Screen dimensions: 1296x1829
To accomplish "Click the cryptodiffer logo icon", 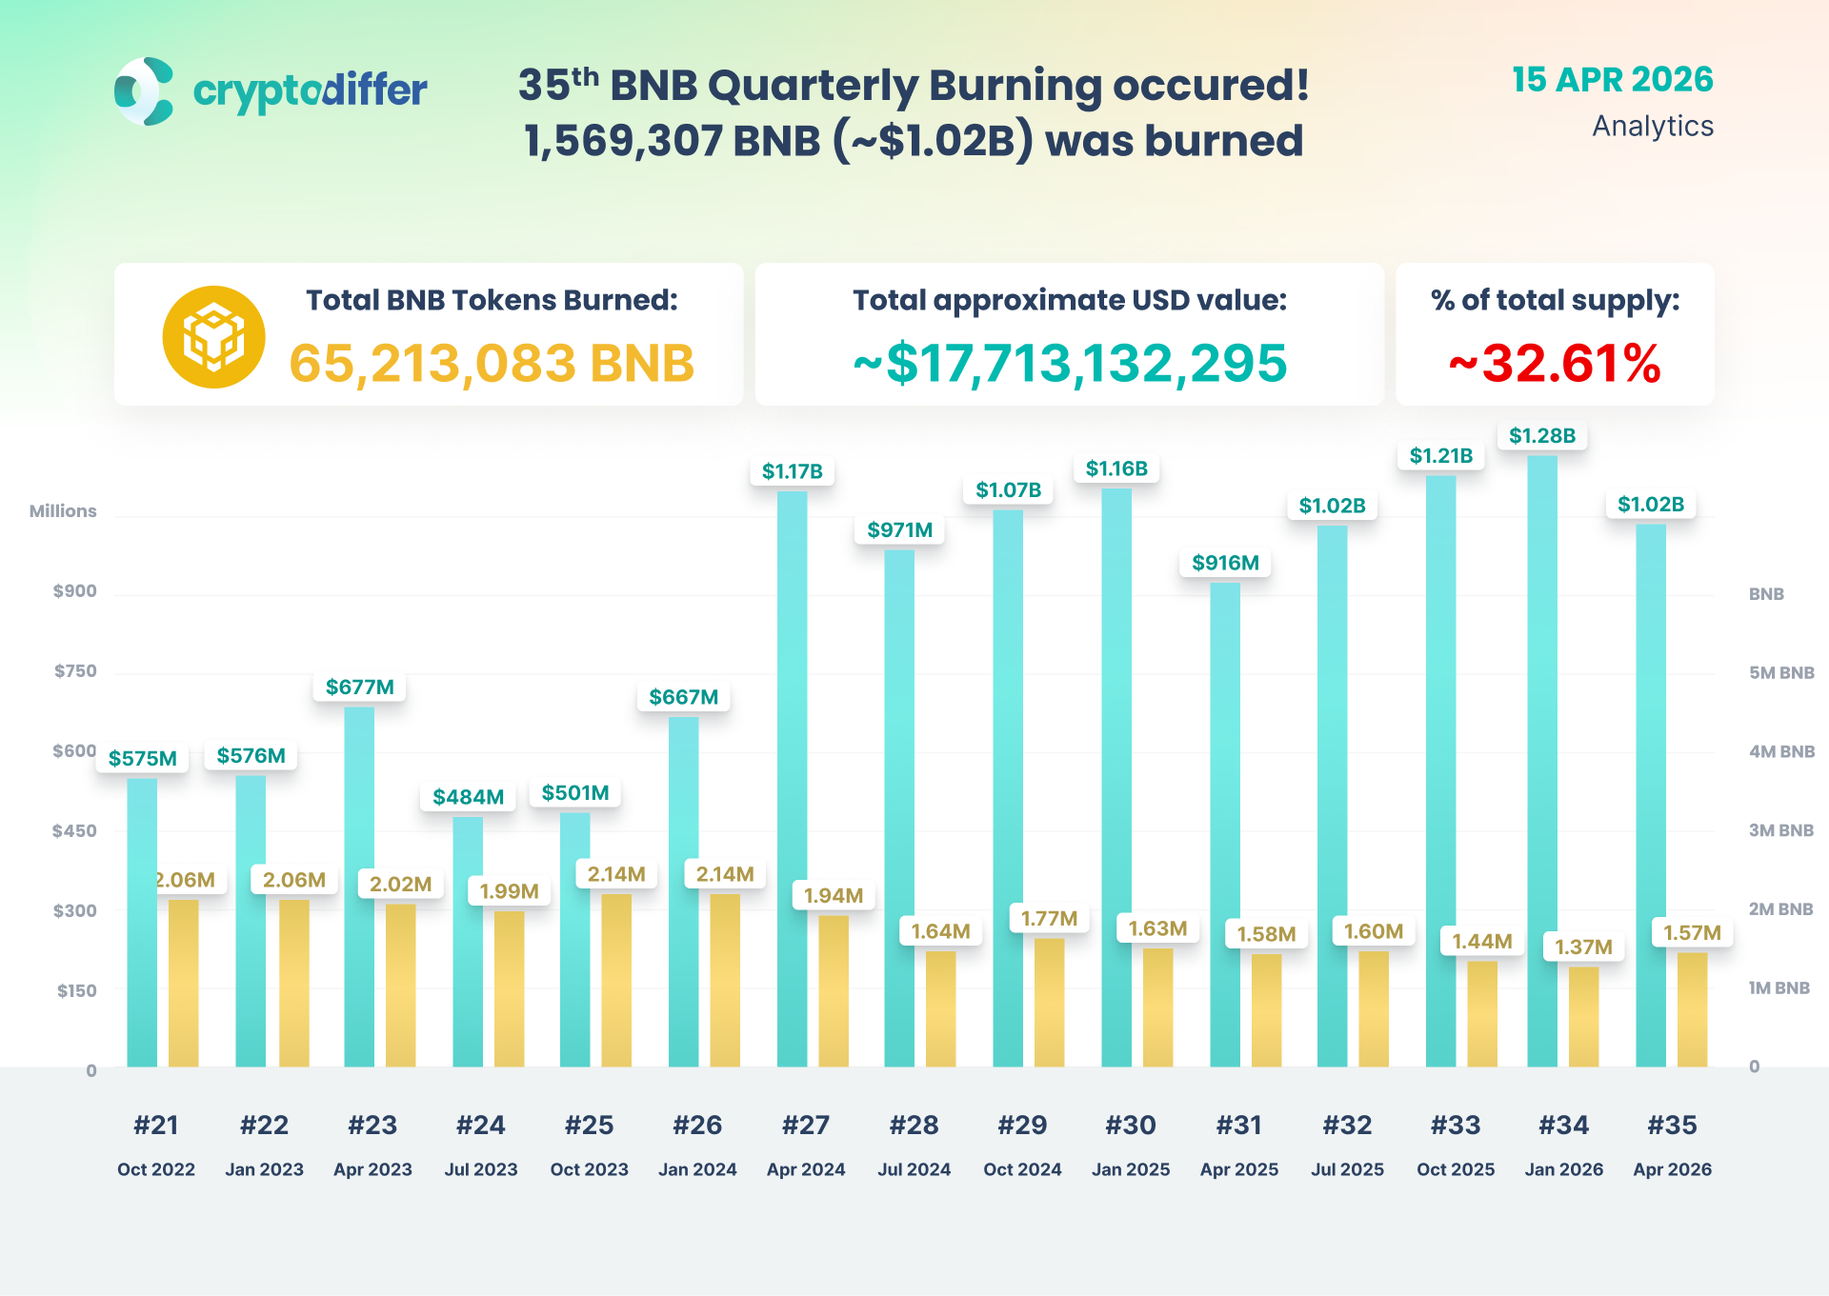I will (x=144, y=91).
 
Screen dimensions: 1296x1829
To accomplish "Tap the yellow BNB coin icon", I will (x=213, y=337).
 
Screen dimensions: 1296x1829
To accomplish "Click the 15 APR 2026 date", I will (x=1612, y=80).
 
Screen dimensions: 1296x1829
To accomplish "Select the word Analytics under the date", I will (x=1652, y=126).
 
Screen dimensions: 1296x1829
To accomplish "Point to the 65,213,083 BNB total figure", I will (x=492, y=364).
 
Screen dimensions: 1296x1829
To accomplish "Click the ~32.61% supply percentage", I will (x=1555, y=364).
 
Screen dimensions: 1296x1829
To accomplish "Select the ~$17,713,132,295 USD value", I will (x=1070, y=364).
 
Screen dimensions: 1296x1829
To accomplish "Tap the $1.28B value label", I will (x=1541, y=436).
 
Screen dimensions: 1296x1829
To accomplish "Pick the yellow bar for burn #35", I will (x=1692, y=1009).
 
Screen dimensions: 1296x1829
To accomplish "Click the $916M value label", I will (x=1225, y=563).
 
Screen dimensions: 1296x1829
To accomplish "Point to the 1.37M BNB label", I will (x=1583, y=947).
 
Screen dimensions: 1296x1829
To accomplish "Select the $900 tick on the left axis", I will (x=74, y=591).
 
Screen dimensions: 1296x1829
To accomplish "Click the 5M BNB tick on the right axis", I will (x=1781, y=673).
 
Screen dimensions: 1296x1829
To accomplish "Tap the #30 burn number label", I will (x=1131, y=1126).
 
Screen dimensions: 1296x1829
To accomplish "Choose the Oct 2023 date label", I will (x=589, y=1169).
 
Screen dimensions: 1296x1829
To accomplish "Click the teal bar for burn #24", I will (x=468, y=943).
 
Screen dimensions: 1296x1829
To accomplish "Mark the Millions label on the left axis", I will (x=63, y=511).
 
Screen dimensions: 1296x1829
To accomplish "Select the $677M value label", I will (x=359, y=688).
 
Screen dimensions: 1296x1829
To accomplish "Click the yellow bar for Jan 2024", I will (x=725, y=981).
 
